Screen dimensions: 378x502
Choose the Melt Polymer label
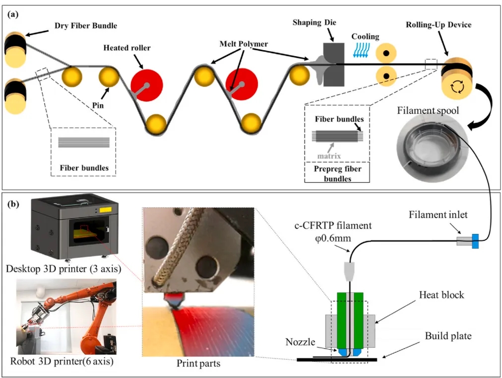point(244,44)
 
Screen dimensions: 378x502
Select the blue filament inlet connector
point(475,241)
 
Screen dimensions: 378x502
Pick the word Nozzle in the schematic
point(299,342)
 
